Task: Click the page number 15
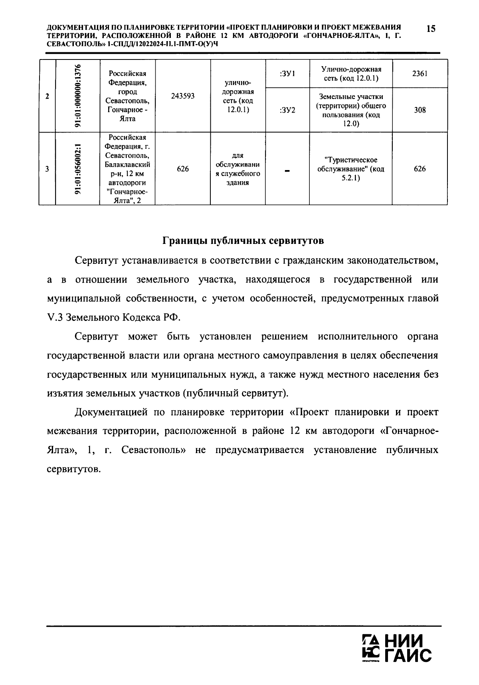(x=430, y=29)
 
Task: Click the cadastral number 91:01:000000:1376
(x=78, y=96)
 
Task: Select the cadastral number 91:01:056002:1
(x=78, y=169)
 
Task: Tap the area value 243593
(x=183, y=96)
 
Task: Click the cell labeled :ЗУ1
(x=287, y=74)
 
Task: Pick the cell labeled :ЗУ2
(x=287, y=110)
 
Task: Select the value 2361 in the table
(x=420, y=74)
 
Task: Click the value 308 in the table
(x=420, y=110)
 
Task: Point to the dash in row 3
(x=287, y=170)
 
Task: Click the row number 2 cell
(x=48, y=96)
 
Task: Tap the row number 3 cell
(x=48, y=169)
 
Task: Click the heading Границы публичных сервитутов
(x=243, y=241)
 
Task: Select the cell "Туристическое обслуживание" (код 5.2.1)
(x=350, y=169)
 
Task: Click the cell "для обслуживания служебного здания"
(x=238, y=169)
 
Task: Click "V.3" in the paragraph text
(x=55, y=318)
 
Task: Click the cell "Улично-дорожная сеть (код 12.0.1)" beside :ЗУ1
(x=350, y=74)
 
